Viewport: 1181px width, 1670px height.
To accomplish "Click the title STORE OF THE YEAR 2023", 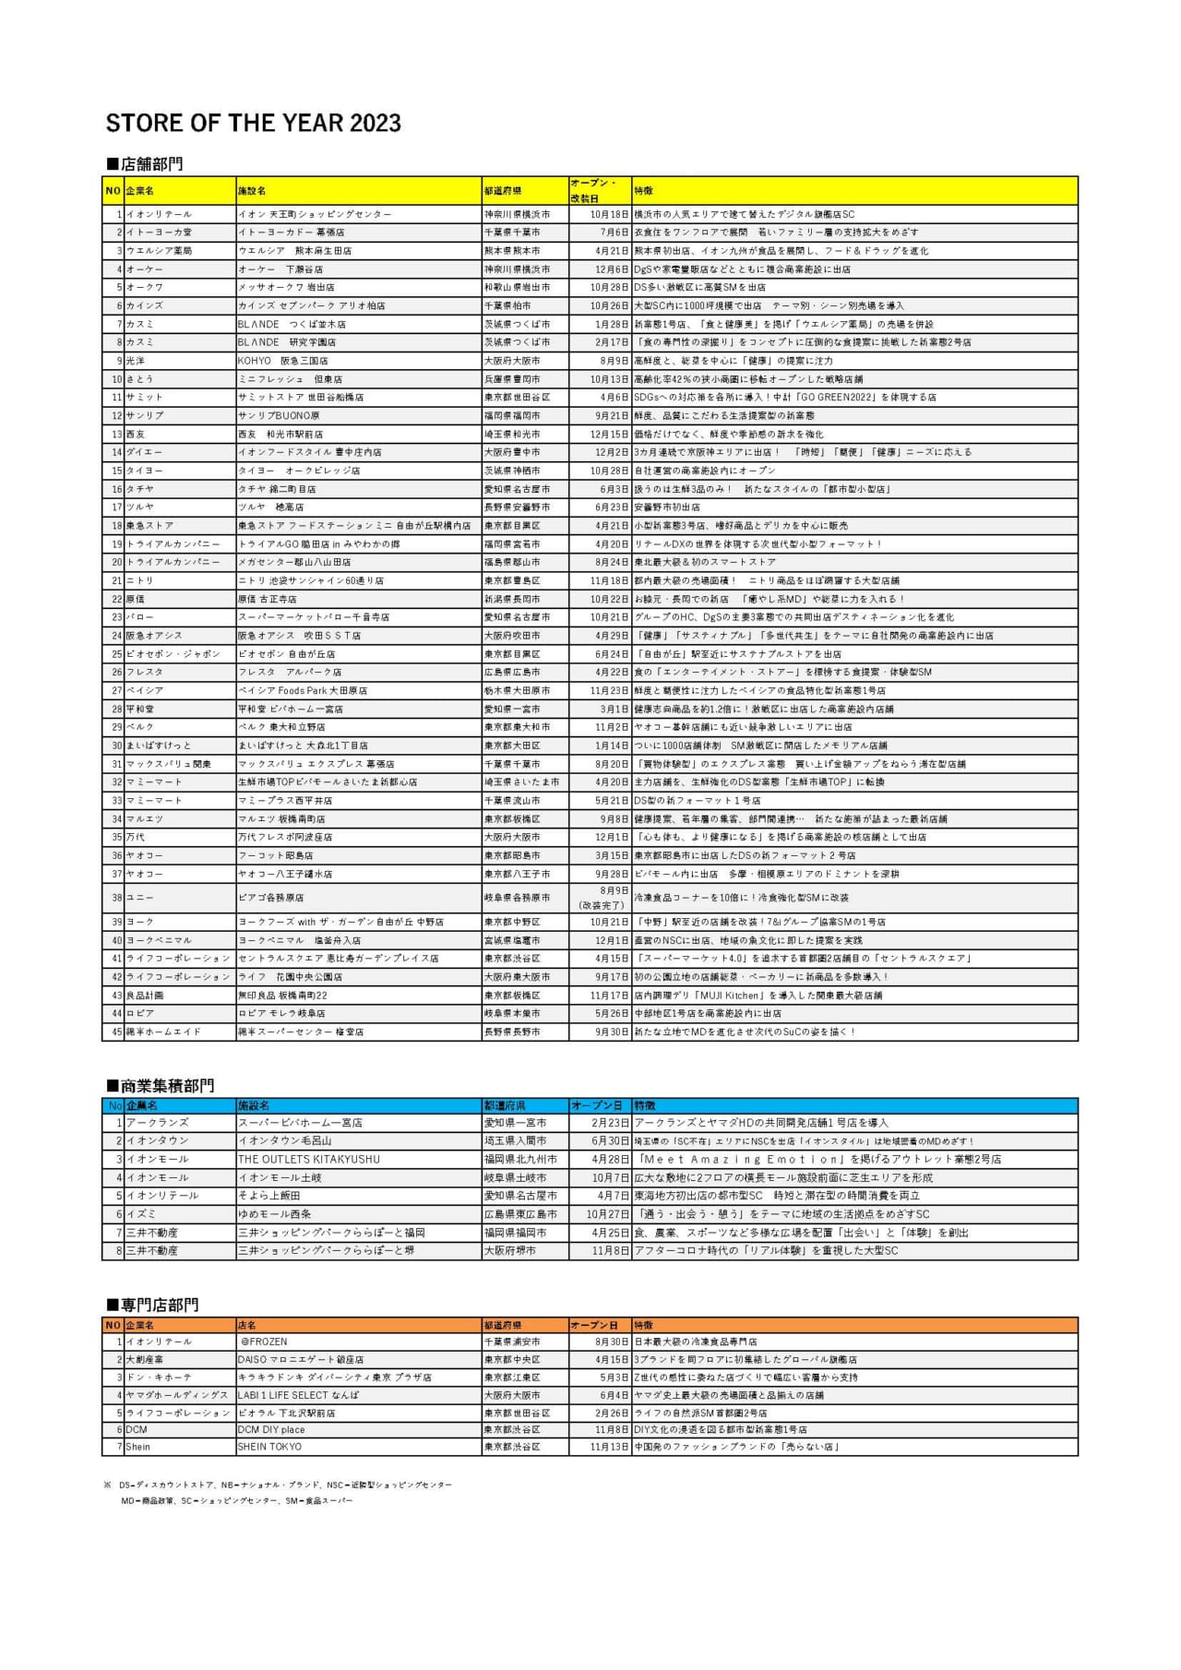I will (x=253, y=123).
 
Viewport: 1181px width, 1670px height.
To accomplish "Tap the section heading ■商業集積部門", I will (x=160, y=1086).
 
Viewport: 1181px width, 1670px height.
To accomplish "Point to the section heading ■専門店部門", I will (x=152, y=1305).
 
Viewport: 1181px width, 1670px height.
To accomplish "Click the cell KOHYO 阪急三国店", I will (x=282, y=361).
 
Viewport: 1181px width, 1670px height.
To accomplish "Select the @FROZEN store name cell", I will (x=264, y=1342).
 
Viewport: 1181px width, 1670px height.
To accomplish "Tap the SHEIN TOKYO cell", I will (x=269, y=1447).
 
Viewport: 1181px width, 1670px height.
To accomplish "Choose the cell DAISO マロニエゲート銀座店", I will (x=301, y=1359).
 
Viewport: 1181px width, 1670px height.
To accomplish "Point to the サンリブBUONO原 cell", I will (x=279, y=415).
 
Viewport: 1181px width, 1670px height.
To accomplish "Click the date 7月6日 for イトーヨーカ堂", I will (x=614, y=233).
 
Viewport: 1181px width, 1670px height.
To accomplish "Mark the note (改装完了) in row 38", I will (x=601, y=905).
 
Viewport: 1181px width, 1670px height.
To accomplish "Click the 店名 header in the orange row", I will (x=246, y=1325).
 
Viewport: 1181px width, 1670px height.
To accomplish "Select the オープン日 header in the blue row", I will (x=596, y=1105).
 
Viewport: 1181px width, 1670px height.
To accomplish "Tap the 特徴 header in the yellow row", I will (x=643, y=191).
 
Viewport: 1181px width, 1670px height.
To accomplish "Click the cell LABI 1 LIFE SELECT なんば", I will (x=298, y=1394).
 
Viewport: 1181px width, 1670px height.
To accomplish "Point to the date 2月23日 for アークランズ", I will (x=610, y=1123).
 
